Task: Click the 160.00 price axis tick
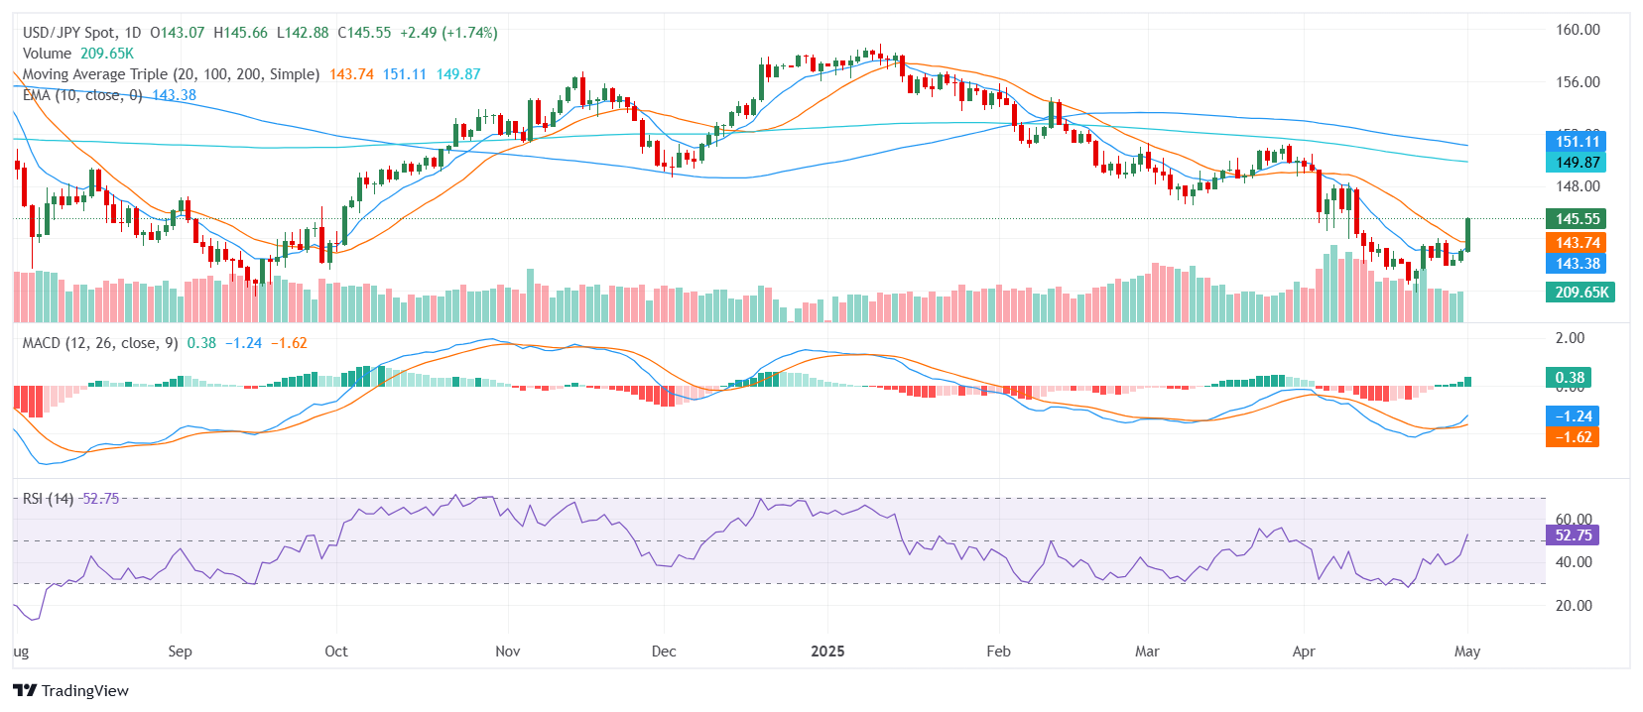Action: tap(1577, 30)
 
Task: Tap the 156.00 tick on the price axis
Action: tap(1577, 82)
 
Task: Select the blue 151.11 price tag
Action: tap(1577, 142)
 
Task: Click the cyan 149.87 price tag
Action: tap(1577, 163)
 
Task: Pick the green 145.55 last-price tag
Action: tap(1577, 219)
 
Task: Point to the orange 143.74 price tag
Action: tap(1577, 243)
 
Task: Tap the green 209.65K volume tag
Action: tap(1580, 293)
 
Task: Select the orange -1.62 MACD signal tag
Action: tap(1573, 437)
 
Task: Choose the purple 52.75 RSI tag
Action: tap(1573, 535)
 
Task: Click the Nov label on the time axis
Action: tap(507, 652)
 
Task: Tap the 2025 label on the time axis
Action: tap(827, 652)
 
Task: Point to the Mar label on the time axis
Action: tap(1147, 652)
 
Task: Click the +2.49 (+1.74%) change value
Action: tap(448, 33)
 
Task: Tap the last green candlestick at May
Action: tap(1468, 234)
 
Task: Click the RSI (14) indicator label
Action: tap(48, 499)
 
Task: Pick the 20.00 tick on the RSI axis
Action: tap(1573, 606)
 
